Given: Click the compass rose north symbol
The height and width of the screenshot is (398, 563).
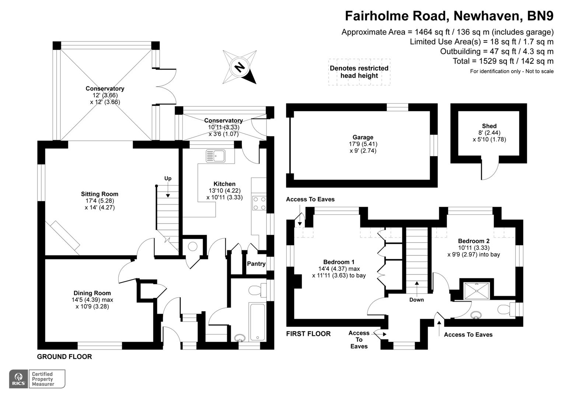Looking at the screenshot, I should click(240, 67).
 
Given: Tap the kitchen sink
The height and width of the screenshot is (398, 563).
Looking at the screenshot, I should click(216, 156).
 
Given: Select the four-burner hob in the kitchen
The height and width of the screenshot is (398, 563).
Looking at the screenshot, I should click(259, 203).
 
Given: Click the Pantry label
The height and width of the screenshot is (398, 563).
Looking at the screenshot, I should click(256, 264).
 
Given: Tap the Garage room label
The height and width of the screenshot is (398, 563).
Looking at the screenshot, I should click(363, 137).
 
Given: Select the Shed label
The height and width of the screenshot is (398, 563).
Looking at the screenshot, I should click(489, 126).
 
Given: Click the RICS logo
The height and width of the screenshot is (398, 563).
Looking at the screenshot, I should click(18, 379).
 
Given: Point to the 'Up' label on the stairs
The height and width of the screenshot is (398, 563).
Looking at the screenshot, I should click(168, 179).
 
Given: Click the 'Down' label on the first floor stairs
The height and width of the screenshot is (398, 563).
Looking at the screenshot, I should click(416, 300).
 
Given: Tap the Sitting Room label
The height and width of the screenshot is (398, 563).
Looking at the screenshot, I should click(99, 194).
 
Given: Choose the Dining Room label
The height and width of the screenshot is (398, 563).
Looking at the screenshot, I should click(92, 293).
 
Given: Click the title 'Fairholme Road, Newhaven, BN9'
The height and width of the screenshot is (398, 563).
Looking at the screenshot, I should click(449, 16).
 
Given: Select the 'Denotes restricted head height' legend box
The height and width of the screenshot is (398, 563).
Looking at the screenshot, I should click(359, 72).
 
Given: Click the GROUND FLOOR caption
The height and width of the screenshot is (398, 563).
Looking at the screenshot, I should click(64, 357).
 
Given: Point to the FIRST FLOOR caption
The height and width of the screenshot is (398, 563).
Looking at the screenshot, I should click(308, 334).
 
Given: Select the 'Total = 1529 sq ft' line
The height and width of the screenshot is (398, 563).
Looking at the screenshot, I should click(503, 61).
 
